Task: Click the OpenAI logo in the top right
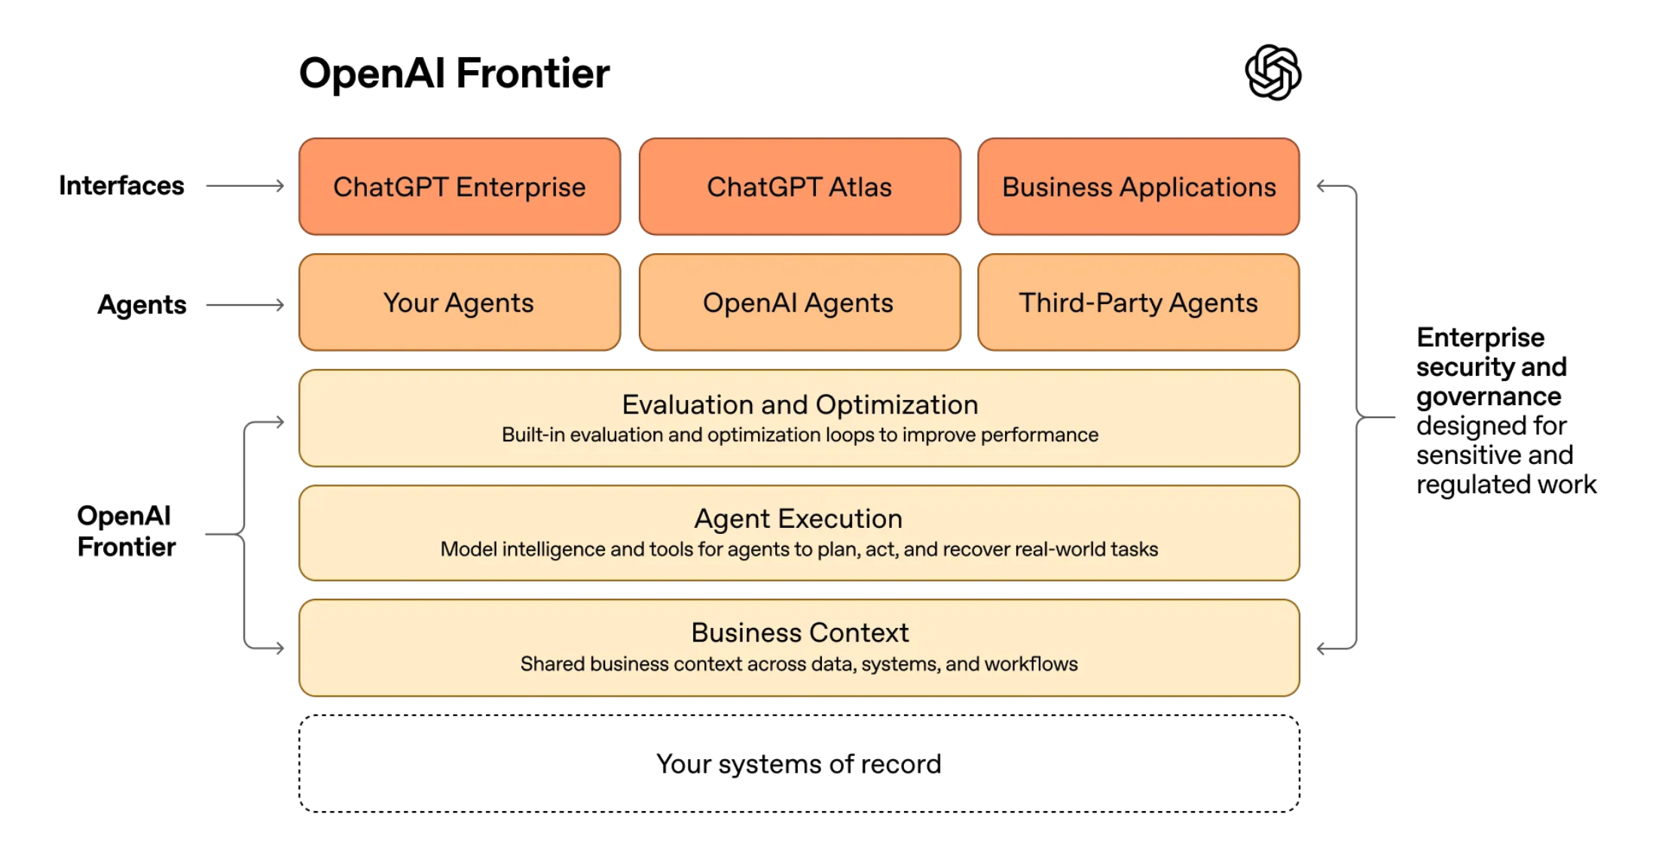(1272, 72)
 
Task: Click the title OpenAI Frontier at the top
(454, 74)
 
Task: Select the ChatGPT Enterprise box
(460, 187)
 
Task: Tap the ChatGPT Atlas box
(799, 187)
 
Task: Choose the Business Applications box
(1138, 187)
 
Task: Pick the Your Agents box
(460, 303)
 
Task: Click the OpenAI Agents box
(799, 303)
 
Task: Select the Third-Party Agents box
(1138, 303)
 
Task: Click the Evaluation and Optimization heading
(799, 405)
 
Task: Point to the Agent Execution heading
(799, 519)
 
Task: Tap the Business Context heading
(799, 633)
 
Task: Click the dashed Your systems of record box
(799, 764)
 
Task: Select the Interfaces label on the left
(121, 186)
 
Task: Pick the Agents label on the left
(142, 305)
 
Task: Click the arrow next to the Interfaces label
(246, 186)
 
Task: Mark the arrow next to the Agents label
(246, 305)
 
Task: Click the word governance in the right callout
(1488, 397)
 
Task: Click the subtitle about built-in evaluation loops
(799, 435)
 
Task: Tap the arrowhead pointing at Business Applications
(1322, 186)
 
